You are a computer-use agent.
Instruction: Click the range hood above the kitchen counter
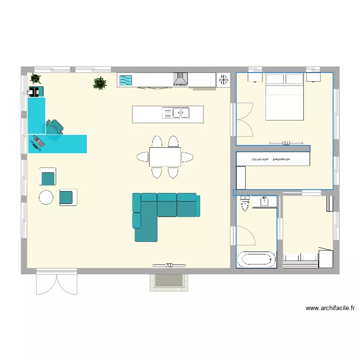[180, 79]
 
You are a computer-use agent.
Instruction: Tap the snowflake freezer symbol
[223, 80]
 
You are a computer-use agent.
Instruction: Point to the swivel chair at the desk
[54, 130]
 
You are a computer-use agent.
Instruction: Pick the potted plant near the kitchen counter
[99, 84]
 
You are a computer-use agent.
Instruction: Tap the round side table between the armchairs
[46, 197]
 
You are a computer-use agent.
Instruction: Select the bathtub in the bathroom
[256, 260]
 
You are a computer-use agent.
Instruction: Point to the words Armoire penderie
[273, 159]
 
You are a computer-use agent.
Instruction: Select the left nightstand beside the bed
[254, 77]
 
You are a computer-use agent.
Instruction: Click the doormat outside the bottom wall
[169, 282]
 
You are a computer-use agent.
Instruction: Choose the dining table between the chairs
[165, 157]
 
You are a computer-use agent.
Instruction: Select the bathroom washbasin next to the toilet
[264, 202]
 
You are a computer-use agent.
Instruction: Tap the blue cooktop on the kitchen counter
[125, 80]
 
